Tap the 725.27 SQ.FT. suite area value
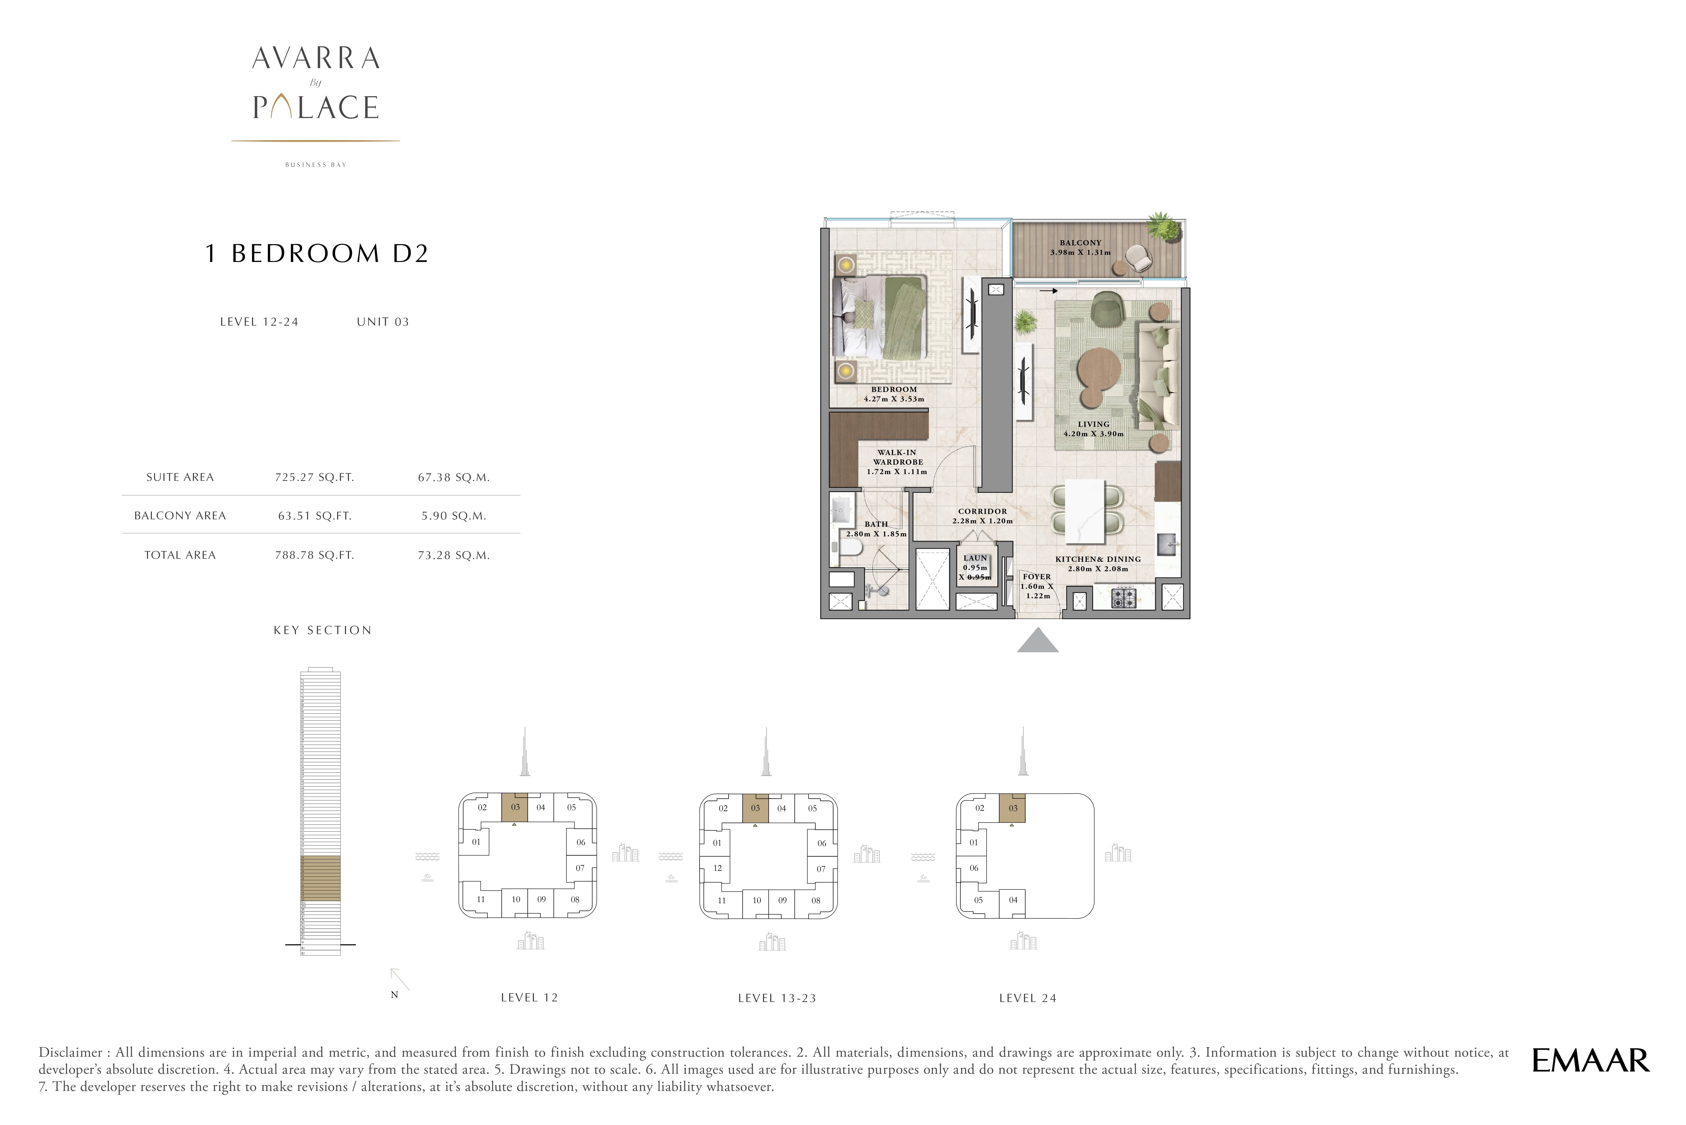tap(314, 477)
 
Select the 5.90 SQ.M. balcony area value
tap(453, 516)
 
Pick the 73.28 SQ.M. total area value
tap(453, 555)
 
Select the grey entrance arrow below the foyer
tap(1037, 641)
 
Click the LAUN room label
tap(975, 558)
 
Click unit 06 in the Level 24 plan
tap(974, 868)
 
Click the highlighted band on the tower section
tap(320, 878)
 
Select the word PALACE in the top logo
tap(316, 108)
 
